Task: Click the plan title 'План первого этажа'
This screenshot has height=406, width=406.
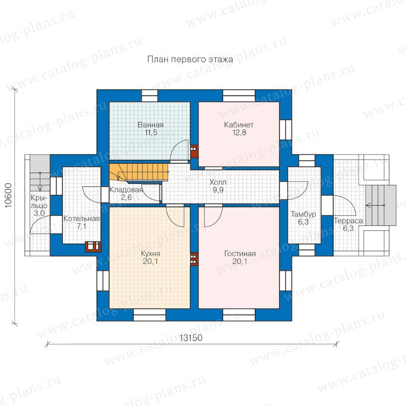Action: coord(190,60)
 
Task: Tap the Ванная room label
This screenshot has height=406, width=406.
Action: coord(151,125)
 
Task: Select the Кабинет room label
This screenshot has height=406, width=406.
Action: coord(239,125)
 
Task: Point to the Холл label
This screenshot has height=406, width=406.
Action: coord(218,182)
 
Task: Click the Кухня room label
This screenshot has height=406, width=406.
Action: coord(151,254)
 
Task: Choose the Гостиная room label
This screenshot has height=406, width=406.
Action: coord(240,254)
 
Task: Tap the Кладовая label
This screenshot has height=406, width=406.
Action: coord(126,190)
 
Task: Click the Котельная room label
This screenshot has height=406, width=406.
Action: coord(82,218)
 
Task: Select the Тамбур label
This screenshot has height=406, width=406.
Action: coord(303,214)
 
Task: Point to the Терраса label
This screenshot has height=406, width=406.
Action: coord(348,221)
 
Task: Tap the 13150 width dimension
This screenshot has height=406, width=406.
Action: coord(191,337)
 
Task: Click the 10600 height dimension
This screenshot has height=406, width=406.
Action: coord(9,195)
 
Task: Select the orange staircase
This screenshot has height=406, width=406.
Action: coord(139,172)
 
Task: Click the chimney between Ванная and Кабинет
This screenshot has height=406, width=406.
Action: coord(194,152)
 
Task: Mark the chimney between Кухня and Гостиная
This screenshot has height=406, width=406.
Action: coord(194,259)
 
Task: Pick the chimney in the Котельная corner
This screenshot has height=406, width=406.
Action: coord(92,246)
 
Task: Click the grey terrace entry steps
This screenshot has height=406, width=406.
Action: coord(381,205)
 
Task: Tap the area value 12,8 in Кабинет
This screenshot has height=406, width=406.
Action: coord(239,133)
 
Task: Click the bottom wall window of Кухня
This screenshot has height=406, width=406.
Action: coord(149,314)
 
